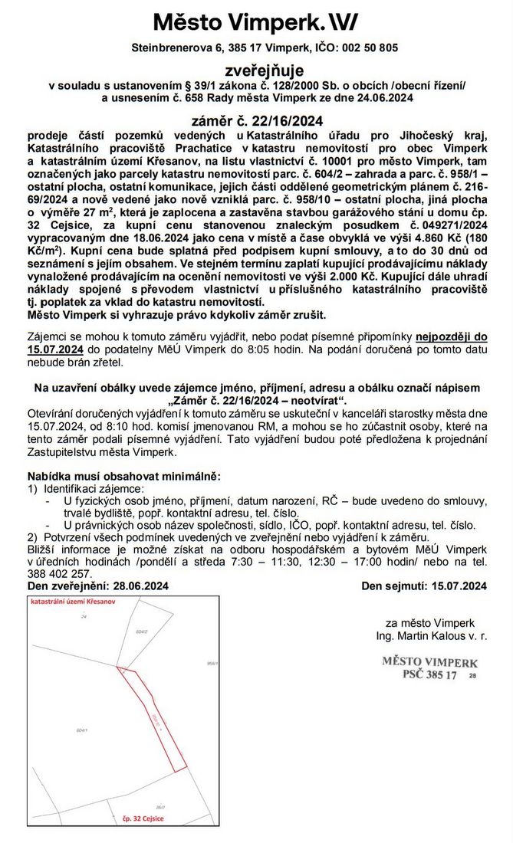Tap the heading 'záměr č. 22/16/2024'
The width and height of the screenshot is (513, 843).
click(256, 120)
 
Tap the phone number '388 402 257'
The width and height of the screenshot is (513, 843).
click(60, 573)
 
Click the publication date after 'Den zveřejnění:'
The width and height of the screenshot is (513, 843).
click(141, 586)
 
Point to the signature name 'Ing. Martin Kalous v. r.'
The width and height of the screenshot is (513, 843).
click(432, 637)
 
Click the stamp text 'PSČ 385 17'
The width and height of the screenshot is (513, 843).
click(429, 675)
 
